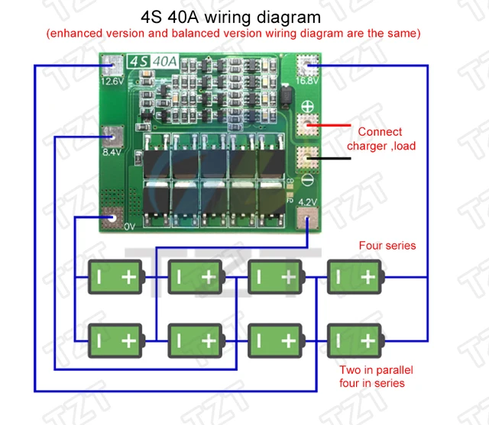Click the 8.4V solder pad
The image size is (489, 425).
click(113, 135)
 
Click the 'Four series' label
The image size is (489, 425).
click(387, 246)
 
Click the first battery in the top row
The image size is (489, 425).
click(115, 277)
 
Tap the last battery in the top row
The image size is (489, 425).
click(355, 277)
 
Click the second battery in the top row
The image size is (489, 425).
click(196, 277)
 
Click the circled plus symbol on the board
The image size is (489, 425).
click(309, 108)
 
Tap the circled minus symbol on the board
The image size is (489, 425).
click(309, 180)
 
